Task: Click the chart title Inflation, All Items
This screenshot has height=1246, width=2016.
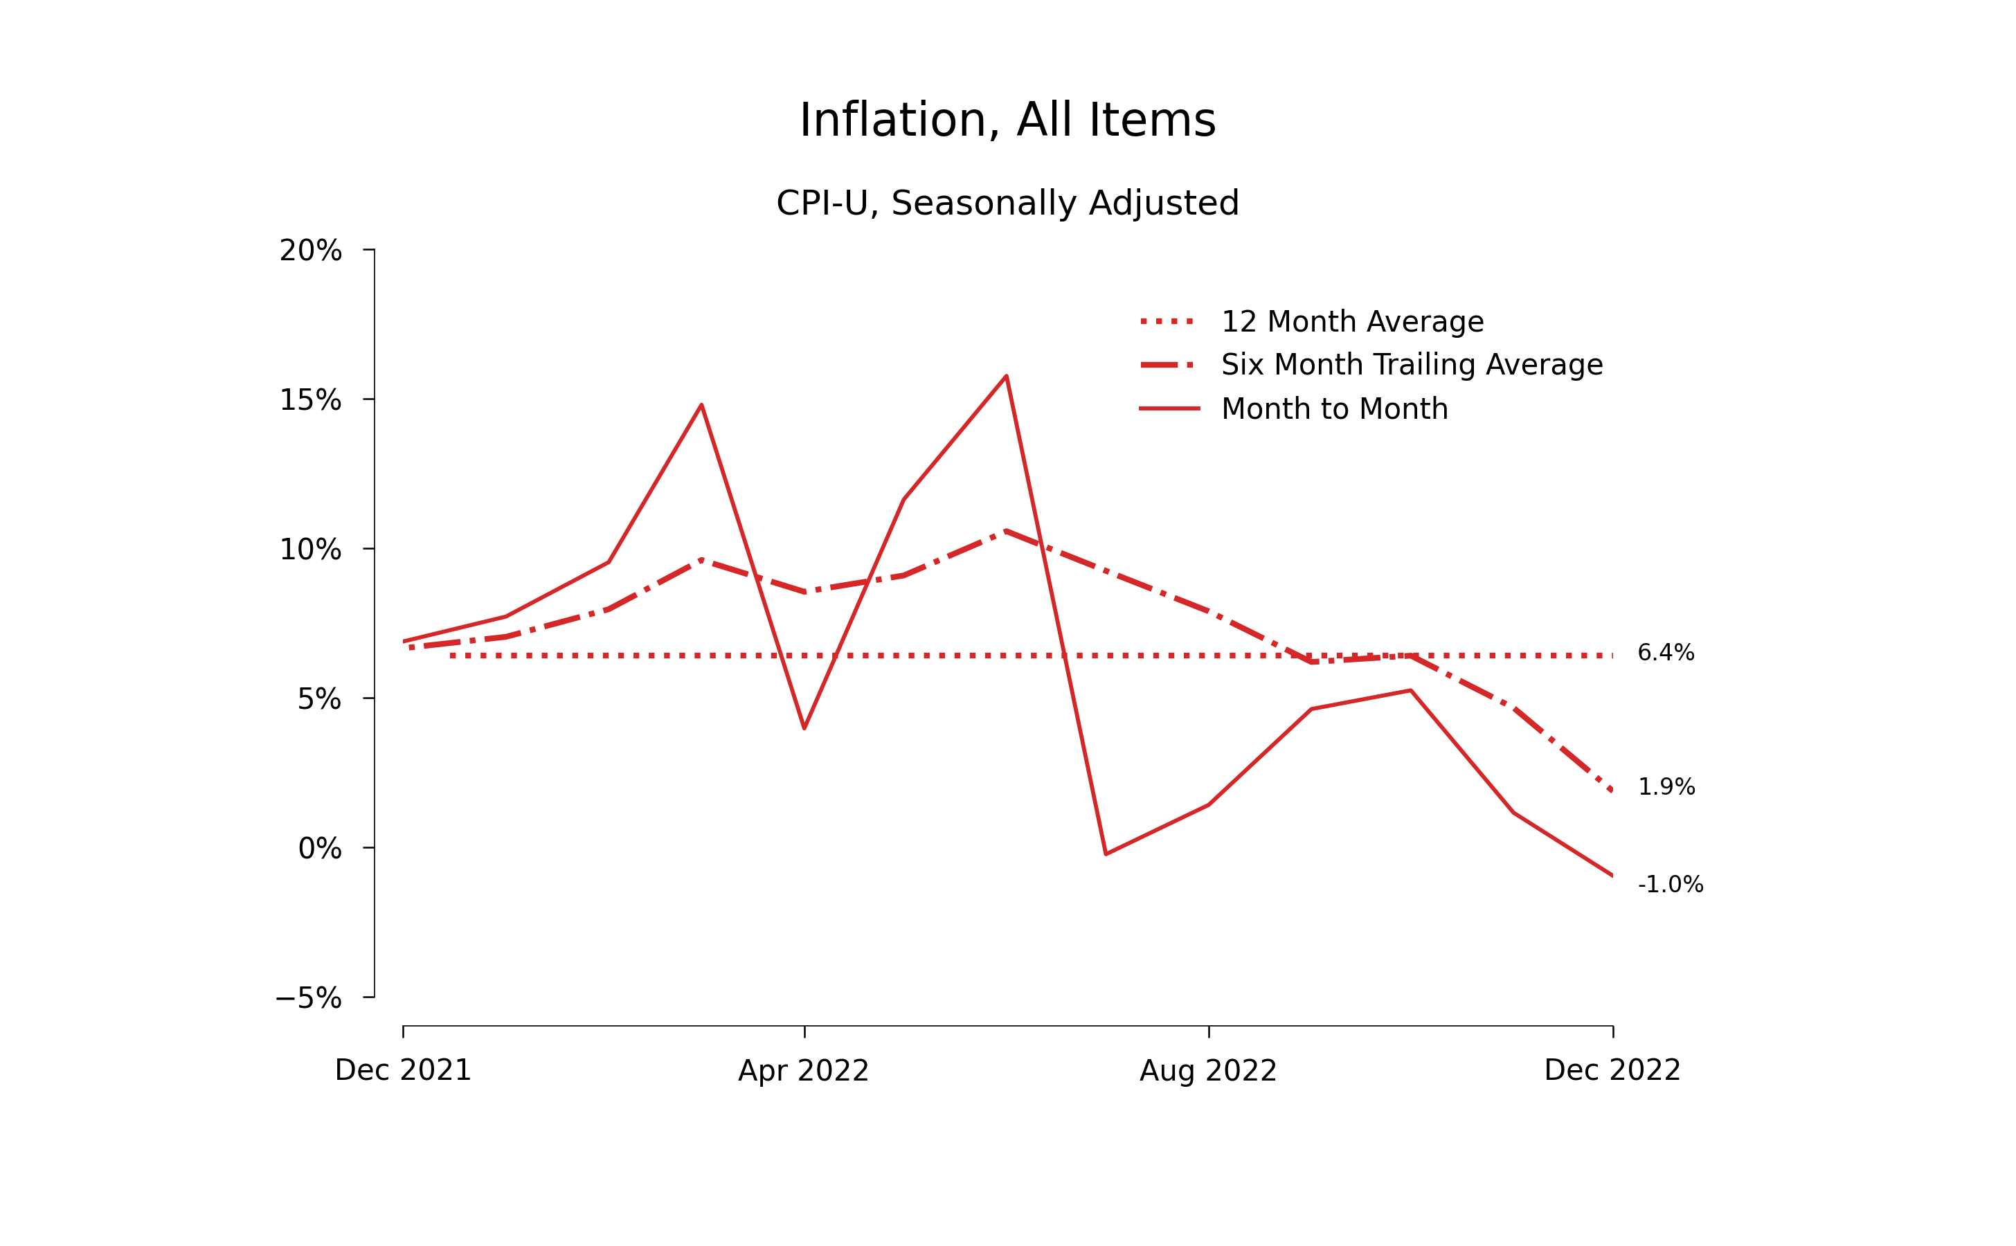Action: pos(1007,120)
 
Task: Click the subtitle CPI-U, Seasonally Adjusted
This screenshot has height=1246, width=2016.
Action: pos(1007,203)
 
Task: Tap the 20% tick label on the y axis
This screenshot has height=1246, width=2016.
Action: pos(310,251)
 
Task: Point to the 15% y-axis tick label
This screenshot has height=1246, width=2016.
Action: pos(310,401)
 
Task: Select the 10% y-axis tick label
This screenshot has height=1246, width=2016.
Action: pos(310,550)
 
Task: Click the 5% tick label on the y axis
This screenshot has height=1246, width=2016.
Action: pos(319,700)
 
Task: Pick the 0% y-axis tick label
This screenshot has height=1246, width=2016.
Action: pos(319,849)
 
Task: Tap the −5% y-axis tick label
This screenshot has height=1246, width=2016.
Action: pos(308,999)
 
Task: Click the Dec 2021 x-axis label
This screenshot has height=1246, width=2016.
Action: pos(403,1070)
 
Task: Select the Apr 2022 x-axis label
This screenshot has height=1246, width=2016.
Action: pos(804,1072)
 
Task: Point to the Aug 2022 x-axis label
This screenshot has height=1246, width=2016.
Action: pos(1208,1072)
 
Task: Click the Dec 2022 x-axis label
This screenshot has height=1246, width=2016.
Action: pos(1612,1070)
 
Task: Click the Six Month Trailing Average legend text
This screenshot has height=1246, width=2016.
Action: pos(1411,365)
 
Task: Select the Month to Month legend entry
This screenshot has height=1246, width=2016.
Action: pos(1333,408)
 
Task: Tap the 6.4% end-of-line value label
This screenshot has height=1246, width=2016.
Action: pos(1666,653)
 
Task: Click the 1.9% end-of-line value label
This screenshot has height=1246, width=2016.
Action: pos(1666,787)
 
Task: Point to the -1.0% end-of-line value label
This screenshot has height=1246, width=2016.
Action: pos(1670,885)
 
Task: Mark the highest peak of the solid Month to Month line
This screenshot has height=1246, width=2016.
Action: pos(1007,376)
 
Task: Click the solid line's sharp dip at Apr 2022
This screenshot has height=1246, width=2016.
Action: pos(804,728)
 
